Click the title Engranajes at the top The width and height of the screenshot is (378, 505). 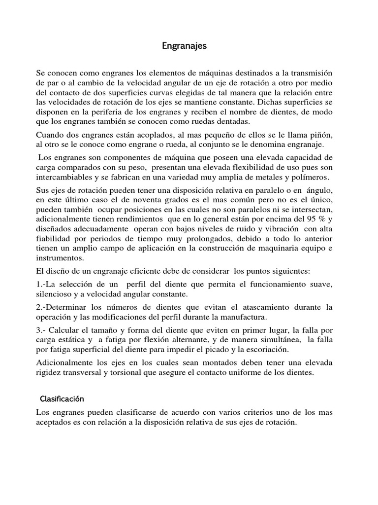(x=185, y=46)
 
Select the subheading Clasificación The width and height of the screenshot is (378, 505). (x=63, y=398)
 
